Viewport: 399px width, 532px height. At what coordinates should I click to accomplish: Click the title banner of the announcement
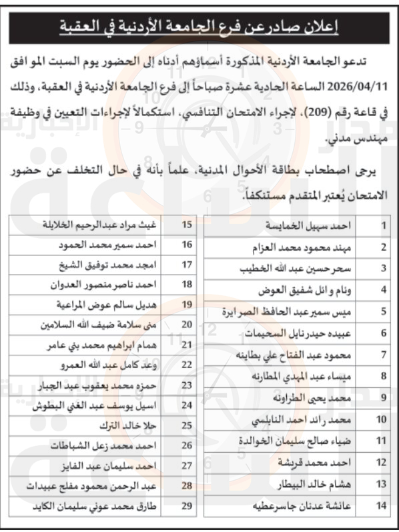coord(199,27)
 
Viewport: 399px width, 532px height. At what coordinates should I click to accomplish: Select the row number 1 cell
coord(383,226)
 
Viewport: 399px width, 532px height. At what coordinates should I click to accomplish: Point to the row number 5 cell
coord(383,311)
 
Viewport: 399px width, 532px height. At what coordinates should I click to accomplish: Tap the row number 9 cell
coord(383,397)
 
